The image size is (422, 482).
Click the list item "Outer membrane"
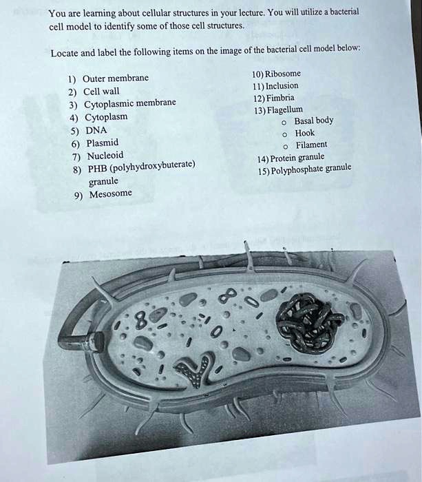coord(116,78)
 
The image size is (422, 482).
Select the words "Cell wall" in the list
coord(101,92)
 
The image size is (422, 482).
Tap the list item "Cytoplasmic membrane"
coord(129,103)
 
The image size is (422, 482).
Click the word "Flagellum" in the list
coord(284,109)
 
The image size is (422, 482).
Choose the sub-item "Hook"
coord(304,133)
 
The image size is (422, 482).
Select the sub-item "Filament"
coord(311,145)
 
